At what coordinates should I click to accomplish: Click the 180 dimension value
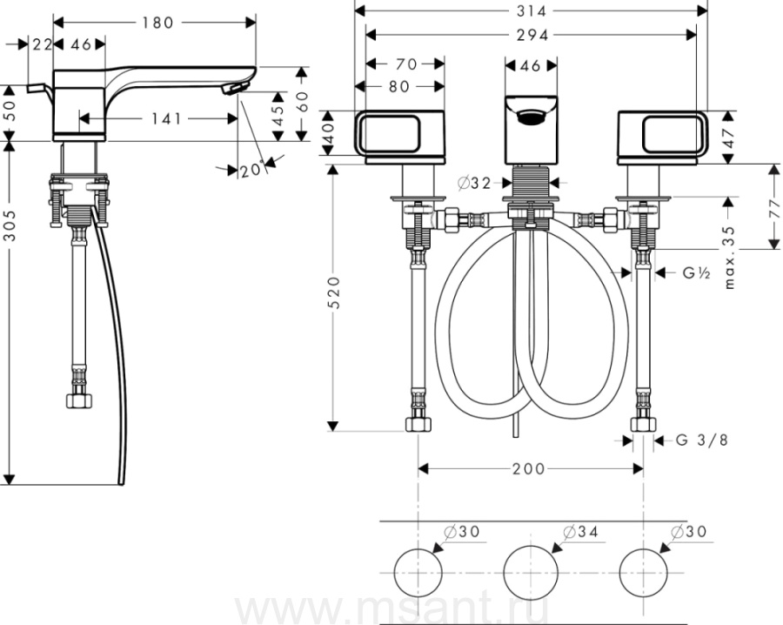157,23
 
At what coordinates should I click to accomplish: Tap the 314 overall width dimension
531,10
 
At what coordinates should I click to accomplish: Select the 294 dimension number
532,35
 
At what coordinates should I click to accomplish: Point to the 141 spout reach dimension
167,119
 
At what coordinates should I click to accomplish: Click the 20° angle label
251,170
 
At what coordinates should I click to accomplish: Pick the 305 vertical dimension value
10,225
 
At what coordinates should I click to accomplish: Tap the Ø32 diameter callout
475,184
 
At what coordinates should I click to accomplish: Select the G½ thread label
697,272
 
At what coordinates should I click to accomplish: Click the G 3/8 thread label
701,440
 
